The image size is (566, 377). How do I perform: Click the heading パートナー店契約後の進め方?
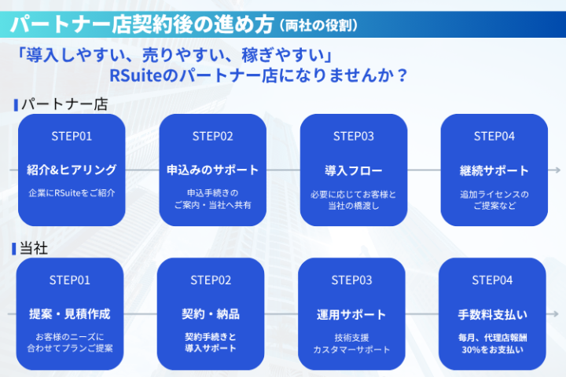[142, 24]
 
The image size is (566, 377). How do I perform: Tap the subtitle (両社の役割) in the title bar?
[318, 25]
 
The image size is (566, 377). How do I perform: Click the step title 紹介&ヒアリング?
[72, 170]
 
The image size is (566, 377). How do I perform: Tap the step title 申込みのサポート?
[212, 170]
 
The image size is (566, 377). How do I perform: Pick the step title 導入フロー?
[353, 170]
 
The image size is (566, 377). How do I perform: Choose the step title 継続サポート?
[494, 170]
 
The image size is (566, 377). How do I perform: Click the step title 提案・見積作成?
[70, 314]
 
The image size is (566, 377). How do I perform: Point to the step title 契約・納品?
[211, 314]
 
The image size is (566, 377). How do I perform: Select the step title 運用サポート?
[351, 314]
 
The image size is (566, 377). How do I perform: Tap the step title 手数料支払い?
[492, 314]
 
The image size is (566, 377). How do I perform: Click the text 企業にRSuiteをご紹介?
[72, 192]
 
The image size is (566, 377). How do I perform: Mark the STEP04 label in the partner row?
[494, 136]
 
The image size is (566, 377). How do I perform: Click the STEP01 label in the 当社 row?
[70, 280]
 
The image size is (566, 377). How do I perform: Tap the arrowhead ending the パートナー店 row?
[557, 170]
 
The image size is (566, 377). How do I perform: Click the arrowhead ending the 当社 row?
[557, 314]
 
